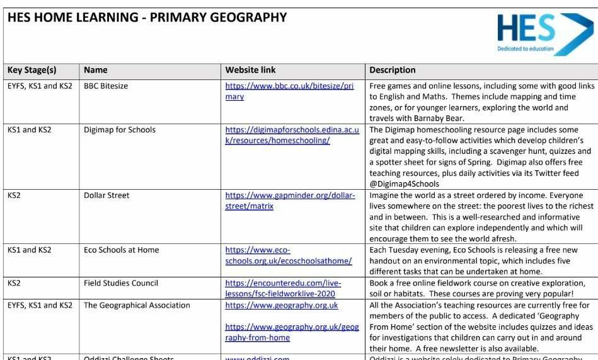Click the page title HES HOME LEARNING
coord(147,18)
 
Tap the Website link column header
coord(250,70)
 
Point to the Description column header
coord(392,70)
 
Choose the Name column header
coord(96,70)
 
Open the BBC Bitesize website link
coord(289,91)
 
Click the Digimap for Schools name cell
coord(120,130)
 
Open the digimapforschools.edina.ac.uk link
coord(292,135)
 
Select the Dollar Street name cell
coord(106,195)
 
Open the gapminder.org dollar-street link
coord(290,200)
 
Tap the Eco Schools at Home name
coord(121,250)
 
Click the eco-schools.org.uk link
coord(288,255)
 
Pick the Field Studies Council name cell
coord(120,283)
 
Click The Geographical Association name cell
coord(137,305)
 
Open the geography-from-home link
coord(291,332)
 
